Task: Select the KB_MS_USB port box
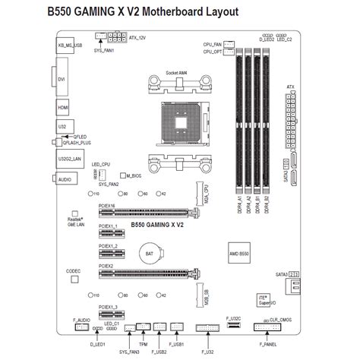tap(65, 46)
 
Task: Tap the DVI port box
tap(63, 79)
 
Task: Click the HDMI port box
tap(63, 109)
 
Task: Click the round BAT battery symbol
tap(150, 251)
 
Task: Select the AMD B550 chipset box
tap(239, 251)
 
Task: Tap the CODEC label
tap(74, 270)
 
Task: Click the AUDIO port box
tap(64, 179)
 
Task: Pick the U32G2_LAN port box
tap(65, 159)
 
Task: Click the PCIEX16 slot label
tap(107, 205)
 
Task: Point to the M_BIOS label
tap(133, 175)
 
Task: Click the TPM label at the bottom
tap(142, 344)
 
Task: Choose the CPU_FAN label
tap(213, 45)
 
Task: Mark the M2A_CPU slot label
tap(204, 196)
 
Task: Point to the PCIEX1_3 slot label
tap(108, 307)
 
